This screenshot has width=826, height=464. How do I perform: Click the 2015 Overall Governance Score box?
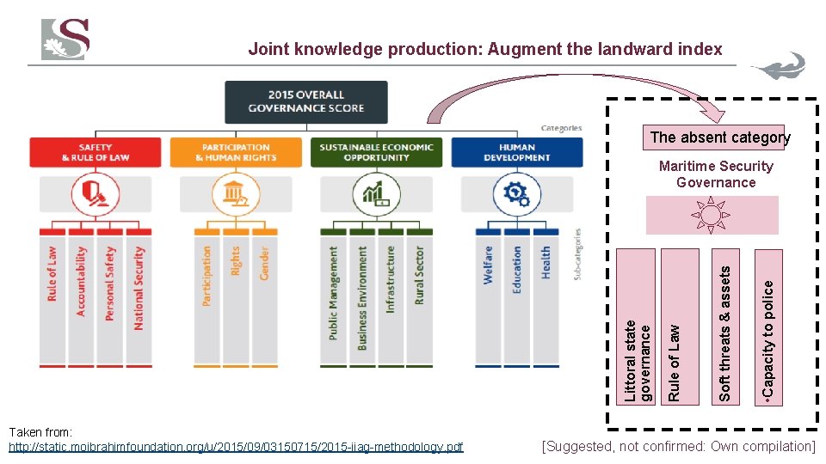pyautogui.click(x=306, y=101)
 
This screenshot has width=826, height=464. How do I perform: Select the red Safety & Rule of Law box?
pyautogui.click(x=96, y=152)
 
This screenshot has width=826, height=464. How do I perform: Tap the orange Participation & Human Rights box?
pyautogui.click(x=236, y=152)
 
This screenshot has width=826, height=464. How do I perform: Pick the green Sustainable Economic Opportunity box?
pyautogui.click(x=376, y=152)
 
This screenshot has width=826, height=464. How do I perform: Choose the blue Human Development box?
pyautogui.click(x=516, y=152)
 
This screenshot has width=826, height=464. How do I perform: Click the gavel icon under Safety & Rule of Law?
pyautogui.click(x=96, y=193)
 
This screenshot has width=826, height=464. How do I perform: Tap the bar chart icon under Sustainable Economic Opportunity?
pyautogui.click(x=376, y=193)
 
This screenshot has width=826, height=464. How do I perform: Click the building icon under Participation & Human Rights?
pyautogui.click(x=236, y=193)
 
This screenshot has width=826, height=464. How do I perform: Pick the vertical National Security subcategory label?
pyautogui.click(x=139, y=288)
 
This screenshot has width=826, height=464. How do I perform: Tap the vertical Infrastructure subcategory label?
pyautogui.click(x=391, y=279)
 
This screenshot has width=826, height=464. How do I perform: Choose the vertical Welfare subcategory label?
pyautogui.click(x=488, y=265)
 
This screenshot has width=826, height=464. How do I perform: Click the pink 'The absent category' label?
pyautogui.click(x=719, y=137)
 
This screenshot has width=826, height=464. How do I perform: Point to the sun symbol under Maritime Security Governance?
pyautogui.click(x=712, y=215)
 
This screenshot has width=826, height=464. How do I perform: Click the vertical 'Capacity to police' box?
pyautogui.click(x=768, y=327)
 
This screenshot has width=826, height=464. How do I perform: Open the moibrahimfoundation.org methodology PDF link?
pyautogui.click(x=235, y=447)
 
